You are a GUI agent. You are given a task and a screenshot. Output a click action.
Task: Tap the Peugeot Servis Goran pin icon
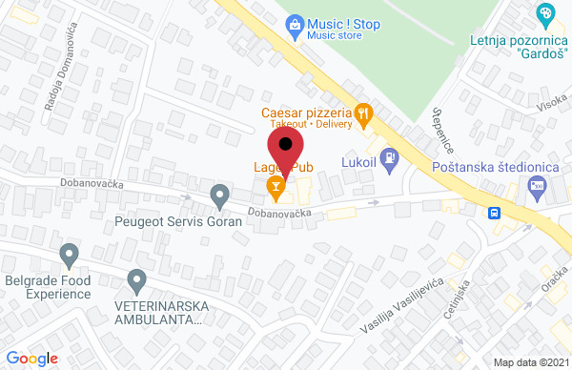(220, 196)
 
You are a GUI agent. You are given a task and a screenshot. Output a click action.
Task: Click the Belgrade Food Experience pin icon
(69, 255)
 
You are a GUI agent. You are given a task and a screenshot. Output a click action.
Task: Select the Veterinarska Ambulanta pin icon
(136, 280)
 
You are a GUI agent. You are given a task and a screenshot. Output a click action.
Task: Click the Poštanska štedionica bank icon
(539, 187)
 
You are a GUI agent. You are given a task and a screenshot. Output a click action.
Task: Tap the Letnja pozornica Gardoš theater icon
(546, 14)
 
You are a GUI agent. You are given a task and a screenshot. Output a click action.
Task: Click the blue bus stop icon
(495, 213)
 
